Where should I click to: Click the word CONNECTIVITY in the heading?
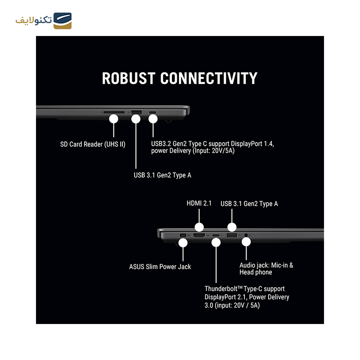click(x=209, y=78)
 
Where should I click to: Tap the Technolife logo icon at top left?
click(x=63, y=20)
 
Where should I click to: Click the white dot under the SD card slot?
click(x=113, y=119)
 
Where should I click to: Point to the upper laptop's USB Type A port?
click(x=136, y=112)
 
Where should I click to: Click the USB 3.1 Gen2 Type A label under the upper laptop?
click(x=162, y=175)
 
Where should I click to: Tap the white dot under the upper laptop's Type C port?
click(x=153, y=119)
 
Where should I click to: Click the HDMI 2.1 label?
click(x=199, y=203)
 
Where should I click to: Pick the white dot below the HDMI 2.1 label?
click(x=199, y=227)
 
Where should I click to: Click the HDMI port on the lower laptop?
click(x=199, y=235)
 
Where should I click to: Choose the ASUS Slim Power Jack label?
click(x=160, y=266)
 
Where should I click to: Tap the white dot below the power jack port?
click(x=183, y=243)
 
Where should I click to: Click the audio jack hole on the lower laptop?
click(x=246, y=235)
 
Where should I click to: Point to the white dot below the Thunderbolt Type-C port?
click(x=216, y=243)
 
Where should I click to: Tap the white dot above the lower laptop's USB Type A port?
click(x=232, y=227)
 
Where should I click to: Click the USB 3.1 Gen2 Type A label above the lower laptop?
click(x=249, y=203)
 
